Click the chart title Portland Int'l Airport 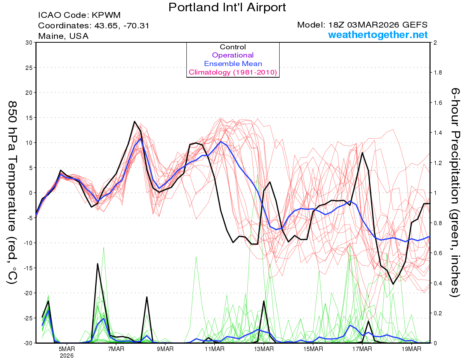pos(227,7)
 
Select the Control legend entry pos(233,47)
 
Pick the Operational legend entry pos(233,55)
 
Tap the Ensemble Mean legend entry pos(233,64)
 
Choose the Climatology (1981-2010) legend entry pos(233,72)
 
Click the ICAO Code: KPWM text pos(79,15)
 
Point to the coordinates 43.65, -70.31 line pos(94,26)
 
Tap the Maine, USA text pos(63,36)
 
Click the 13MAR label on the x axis pos(264,348)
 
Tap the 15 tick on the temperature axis pos(29,118)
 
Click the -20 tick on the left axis pos(27,293)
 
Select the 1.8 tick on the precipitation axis pos(438,73)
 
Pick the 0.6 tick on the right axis pos(438,253)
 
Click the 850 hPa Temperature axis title pos(12,193)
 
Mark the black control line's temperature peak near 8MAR pos(134,122)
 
